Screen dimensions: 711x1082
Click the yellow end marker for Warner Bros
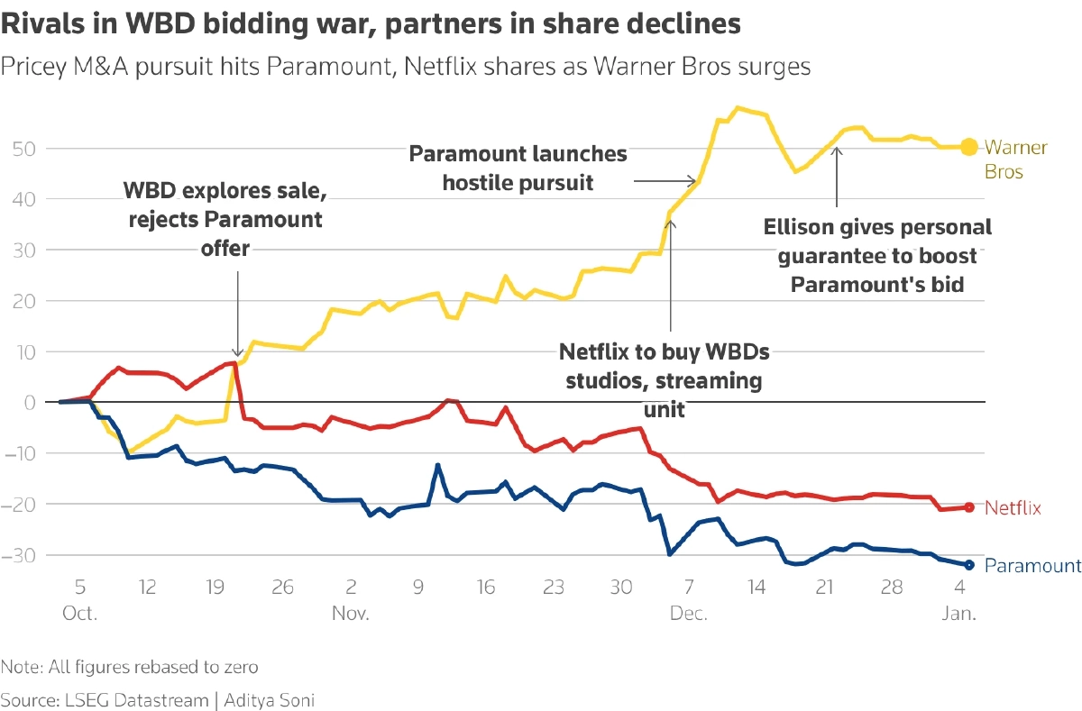coord(967,146)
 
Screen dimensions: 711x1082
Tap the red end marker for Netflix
coord(969,507)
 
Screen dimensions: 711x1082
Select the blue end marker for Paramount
coord(969,565)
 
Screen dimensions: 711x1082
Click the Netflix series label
coord(1013,508)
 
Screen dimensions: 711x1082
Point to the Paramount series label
coord(1032,566)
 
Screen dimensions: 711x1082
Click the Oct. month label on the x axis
coord(79,613)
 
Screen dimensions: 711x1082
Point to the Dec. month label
coord(688,613)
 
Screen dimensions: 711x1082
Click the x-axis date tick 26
coord(282,588)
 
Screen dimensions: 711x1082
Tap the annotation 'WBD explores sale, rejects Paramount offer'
coord(222,219)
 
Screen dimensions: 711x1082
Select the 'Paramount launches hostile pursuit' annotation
coord(518,168)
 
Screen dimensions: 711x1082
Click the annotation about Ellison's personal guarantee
coord(877,255)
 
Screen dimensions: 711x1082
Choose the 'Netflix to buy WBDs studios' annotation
coord(665,379)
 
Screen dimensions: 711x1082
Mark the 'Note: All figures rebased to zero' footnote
coord(130,668)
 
